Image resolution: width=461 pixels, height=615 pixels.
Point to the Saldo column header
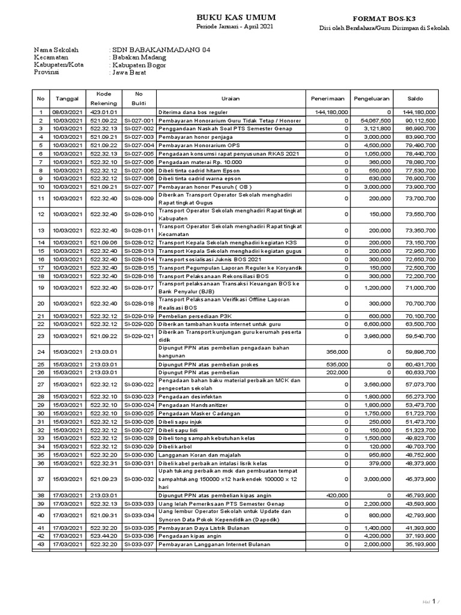(x=415, y=98)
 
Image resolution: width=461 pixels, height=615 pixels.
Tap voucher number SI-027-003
(x=139, y=137)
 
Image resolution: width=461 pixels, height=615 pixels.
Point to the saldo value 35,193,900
(x=420, y=544)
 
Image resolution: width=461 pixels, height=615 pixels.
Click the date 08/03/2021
(x=67, y=112)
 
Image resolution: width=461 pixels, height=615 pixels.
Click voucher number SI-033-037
(x=139, y=544)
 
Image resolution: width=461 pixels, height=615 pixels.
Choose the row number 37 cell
(x=41, y=478)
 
